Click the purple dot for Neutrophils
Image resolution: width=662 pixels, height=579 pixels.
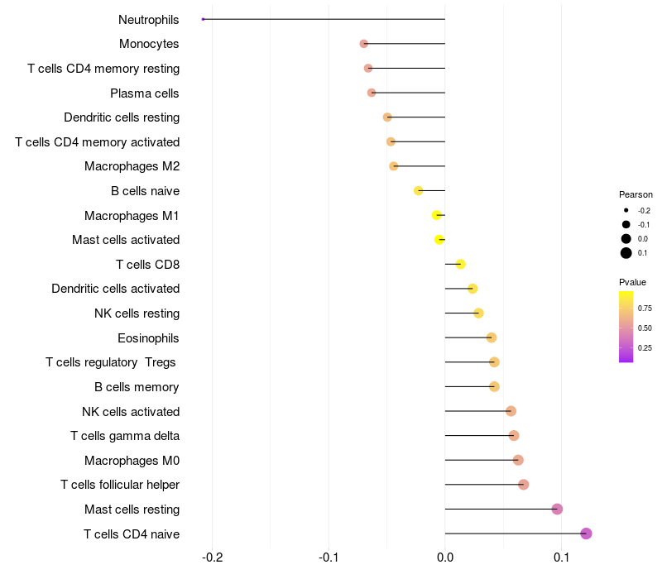click(203, 19)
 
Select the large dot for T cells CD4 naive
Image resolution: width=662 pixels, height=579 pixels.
click(586, 534)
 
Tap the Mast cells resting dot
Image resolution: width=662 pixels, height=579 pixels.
click(557, 509)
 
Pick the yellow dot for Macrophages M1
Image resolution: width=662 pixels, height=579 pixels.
click(437, 215)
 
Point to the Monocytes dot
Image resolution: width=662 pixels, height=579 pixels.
click(364, 43)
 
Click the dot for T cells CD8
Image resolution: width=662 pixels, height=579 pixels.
click(461, 264)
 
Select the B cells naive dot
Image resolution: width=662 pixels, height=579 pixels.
click(419, 190)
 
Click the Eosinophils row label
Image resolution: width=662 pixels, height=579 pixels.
click(148, 337)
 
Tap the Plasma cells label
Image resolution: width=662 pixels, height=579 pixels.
click(145, 93)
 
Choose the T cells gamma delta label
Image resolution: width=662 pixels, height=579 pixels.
click(125, 435)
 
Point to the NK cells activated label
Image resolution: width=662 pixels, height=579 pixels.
click(131, 411)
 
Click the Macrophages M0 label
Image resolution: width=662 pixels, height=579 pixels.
click(132, 460)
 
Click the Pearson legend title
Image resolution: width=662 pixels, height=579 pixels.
click(636, 194)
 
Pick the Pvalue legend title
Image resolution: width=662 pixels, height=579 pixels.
click(633, 282)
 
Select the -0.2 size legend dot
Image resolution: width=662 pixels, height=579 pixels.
click(626, 210)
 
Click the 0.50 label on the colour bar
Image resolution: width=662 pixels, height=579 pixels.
click(645, 328)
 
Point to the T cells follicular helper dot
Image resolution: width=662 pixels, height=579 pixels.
click(523, 485)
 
